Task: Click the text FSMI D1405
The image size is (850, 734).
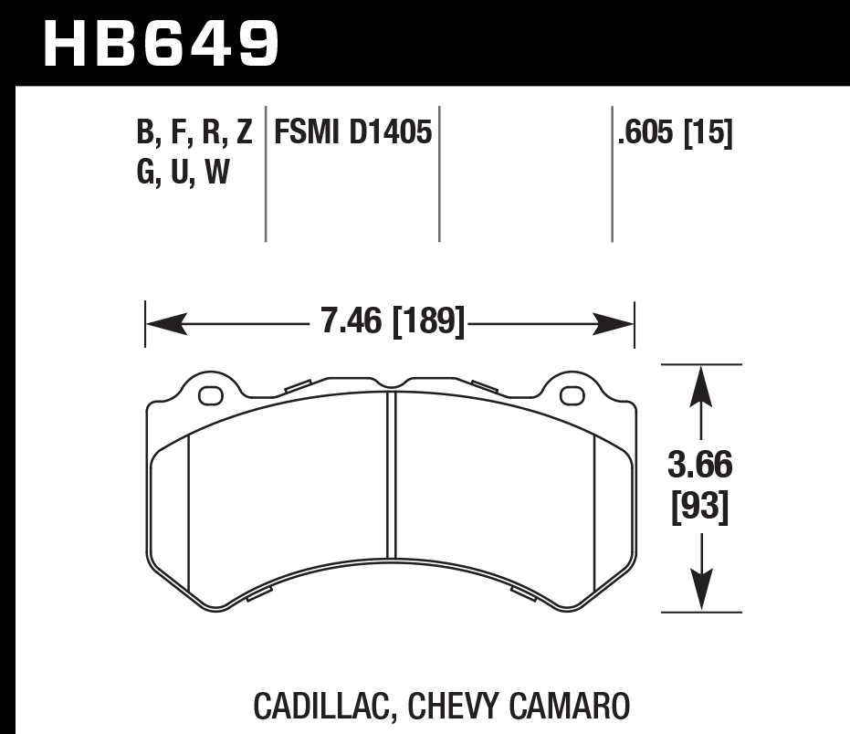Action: tap(349, 135)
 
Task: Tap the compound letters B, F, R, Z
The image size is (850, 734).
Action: tap(194, 135)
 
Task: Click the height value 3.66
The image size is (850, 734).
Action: tap(700, 467)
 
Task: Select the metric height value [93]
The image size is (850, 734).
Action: tap(700, 508)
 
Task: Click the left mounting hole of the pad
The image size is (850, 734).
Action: tap(211, 395)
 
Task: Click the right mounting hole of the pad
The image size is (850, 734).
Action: tap(572, 395)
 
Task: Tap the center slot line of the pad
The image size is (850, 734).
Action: tap(391, 475)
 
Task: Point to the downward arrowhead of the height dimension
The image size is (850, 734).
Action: tap(700, 592)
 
